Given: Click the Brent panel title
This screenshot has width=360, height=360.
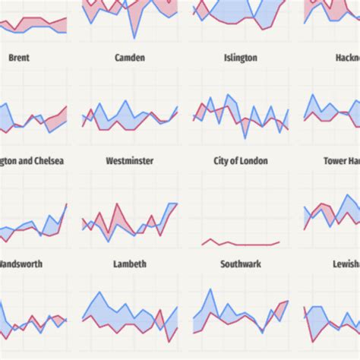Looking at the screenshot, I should [19, 58].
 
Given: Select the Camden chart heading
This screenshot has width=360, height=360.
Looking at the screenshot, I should [129, 58].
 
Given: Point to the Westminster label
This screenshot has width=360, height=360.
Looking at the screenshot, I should [129, 161].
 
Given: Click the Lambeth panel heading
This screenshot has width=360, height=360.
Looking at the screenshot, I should [130, 264].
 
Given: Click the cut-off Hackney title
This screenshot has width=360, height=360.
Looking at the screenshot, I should [346, 58].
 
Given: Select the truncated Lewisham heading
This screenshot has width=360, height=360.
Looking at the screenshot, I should [346, 264].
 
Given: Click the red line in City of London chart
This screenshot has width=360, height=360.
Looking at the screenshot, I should [243, 245].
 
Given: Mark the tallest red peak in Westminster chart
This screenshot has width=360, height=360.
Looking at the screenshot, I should [117, 204].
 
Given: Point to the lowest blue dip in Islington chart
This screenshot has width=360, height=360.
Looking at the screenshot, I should [245, 137].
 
